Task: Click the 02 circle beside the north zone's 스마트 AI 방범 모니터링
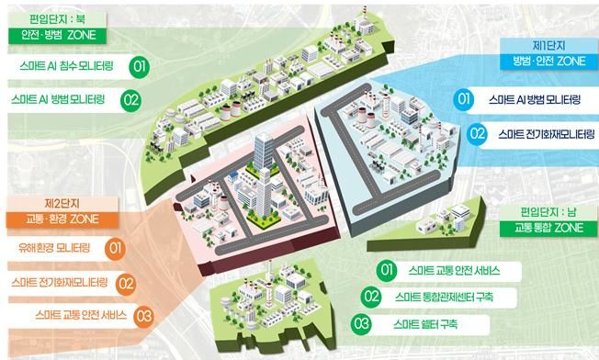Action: point(131,99)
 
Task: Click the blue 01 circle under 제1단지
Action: point(465,99)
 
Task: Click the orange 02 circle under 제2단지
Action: point(127,282)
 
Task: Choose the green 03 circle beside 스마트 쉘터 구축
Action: point(361,323)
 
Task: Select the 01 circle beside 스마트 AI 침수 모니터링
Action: point(140,67)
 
